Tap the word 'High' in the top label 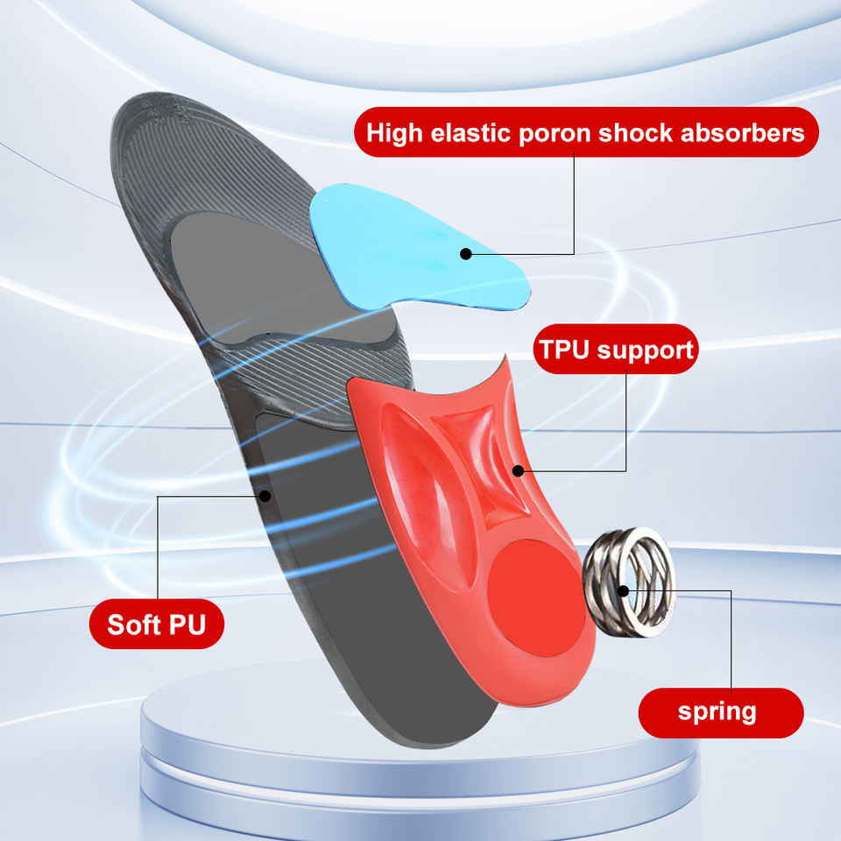point(392,134)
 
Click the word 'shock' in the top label point(638,134)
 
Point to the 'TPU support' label point(616,350)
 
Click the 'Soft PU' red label point(157,625)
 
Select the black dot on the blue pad point(466,254)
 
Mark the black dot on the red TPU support point(518,470)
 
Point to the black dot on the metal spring point(623,588)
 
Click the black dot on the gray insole point(265,496)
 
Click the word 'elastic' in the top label point(467,134)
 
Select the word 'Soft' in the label point(133,625)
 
